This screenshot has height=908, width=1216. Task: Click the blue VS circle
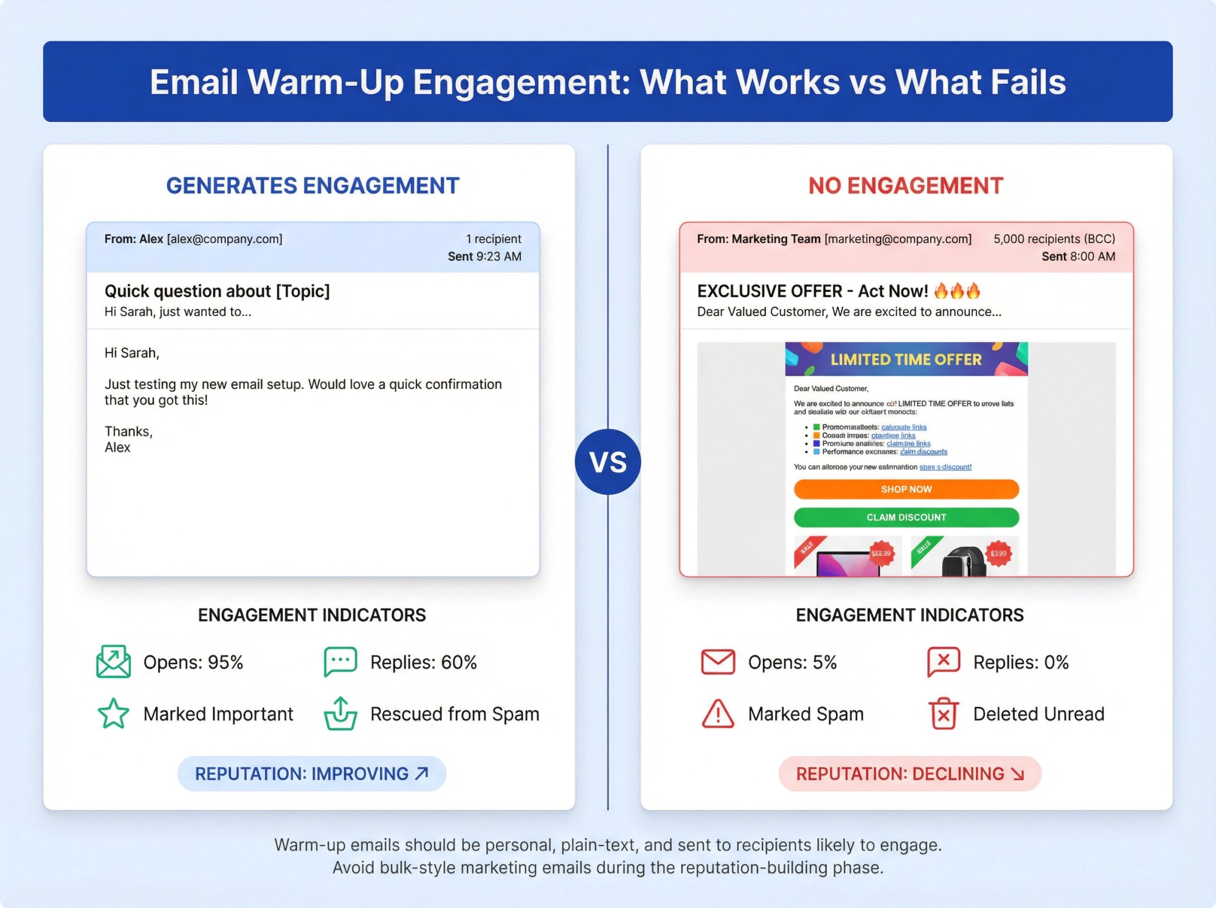tap(607, 462)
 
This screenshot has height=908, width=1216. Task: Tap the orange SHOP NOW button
tap(906, 489)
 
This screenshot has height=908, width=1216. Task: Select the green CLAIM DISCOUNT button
tap(906, 517)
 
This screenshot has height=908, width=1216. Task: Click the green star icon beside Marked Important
tap(113, 713)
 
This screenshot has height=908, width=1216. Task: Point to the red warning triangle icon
tap(718, 713)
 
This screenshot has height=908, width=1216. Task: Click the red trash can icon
tap(943, 713)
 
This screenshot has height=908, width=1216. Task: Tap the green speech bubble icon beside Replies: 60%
tap(340, 662)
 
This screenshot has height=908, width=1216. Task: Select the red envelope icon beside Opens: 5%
tap(718, 662)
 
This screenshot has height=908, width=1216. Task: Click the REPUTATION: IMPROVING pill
tap(311, 774)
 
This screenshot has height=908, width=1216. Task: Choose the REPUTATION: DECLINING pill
tap(910, 774)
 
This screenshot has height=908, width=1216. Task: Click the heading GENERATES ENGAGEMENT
tap(313, 185)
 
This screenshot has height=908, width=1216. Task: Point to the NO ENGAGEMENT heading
tap(905, 185)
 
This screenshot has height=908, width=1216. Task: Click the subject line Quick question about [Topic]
tap(217, 291)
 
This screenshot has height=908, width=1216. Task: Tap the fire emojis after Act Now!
tap(957, 291)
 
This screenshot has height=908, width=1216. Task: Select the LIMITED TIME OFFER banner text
tap(906, 359)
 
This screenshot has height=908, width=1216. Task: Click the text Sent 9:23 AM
tap(485, 257)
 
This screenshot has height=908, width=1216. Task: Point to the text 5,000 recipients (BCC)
tap(1054, 239)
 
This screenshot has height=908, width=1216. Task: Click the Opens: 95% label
tap(193, 662)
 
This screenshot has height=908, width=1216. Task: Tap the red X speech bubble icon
tap(943, 662)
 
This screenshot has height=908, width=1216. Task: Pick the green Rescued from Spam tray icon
tap(340, 713)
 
